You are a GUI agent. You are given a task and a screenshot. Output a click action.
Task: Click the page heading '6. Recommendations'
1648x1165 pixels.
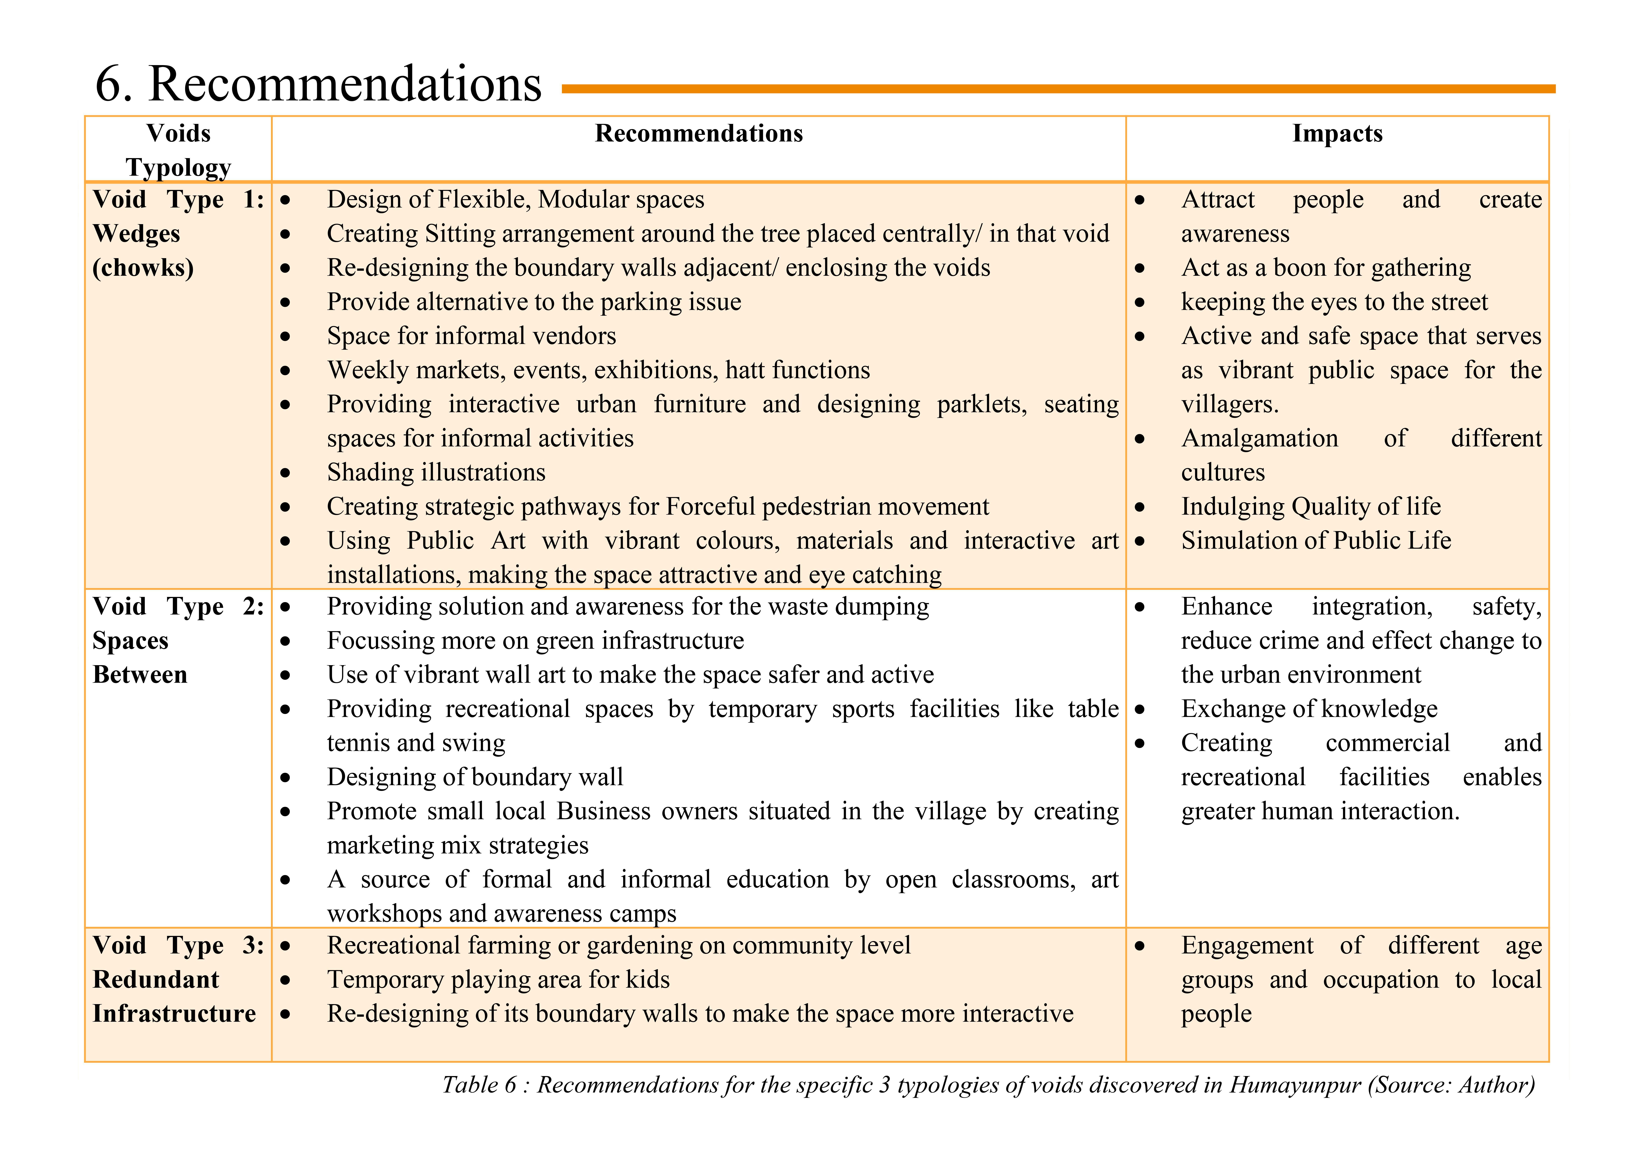(318, 84)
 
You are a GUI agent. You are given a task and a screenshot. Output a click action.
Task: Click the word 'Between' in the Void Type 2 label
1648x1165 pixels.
(140, 675)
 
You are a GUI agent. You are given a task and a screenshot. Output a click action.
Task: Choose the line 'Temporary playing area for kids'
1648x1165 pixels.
(498, 980)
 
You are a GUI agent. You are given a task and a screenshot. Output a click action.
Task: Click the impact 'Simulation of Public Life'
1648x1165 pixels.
(1316, 541)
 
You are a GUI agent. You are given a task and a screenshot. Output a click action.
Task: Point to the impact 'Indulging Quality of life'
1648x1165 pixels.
(1311, 507)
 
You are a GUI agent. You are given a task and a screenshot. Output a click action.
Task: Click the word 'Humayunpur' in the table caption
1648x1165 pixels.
(1295, 1085)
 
